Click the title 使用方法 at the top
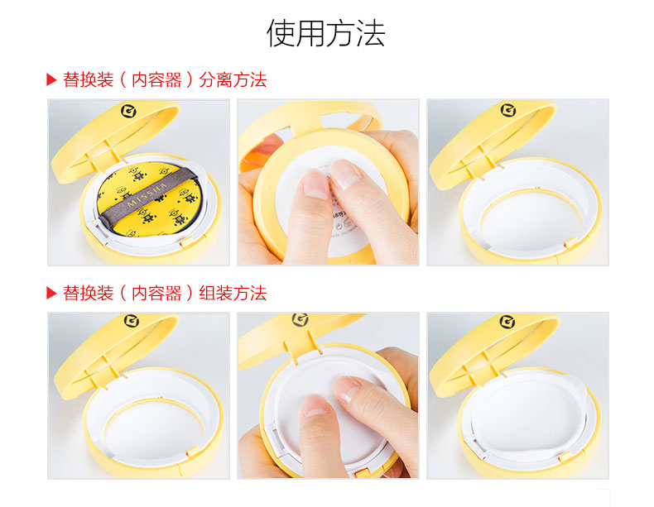[325, 33]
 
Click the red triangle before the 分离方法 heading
[51, 79]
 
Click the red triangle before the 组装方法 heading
[51, 293]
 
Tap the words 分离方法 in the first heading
[233, 79]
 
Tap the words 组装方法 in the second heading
[233, 293]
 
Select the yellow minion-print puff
[151, 200]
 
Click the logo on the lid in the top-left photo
[128, 111]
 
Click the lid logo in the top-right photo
[508, 110]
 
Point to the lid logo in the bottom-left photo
[132, 321]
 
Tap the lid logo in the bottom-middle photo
[300, 319]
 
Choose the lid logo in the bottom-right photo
[507, 322]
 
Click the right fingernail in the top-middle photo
[345, 174]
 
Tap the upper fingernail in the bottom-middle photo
[347, 388]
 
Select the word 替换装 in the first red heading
[88, 79]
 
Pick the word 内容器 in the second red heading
[156, 293]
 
